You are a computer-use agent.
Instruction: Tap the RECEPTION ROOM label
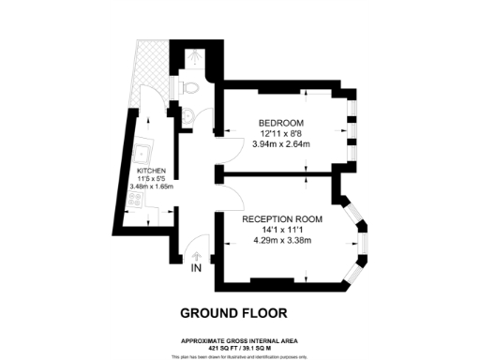click(282, 218)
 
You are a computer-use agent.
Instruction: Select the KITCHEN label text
click(151, 172)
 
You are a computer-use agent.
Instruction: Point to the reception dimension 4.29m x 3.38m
click(282, 239)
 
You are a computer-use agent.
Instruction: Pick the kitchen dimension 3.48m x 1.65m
click(151, 187)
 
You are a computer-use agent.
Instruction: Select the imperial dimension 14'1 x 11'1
click(282, 229)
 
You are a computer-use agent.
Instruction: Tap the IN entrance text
click(195, 268)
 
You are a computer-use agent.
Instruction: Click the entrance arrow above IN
click(195, 254)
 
